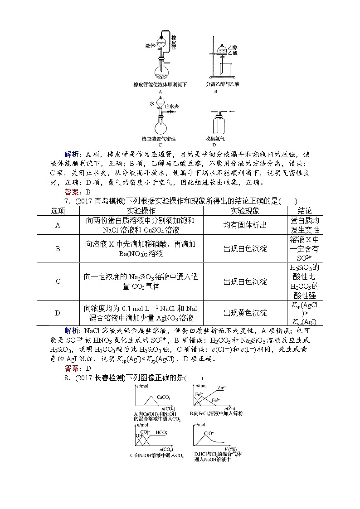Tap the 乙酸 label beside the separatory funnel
coord(233,53)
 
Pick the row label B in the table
coord(58,248)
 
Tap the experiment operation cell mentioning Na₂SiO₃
coord(141,281)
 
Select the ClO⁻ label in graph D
coord(209,433)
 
